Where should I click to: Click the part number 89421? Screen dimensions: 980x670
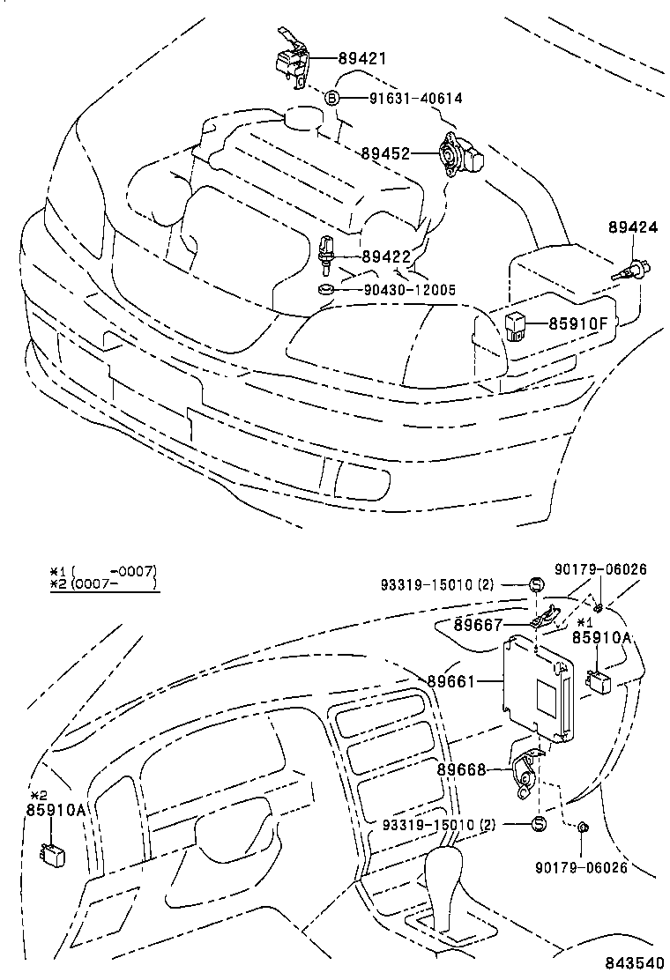[363, 59]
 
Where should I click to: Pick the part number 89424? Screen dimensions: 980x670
[632, 227]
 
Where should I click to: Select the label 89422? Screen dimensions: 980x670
[386, 256]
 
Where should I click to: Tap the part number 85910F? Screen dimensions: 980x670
[577, 323]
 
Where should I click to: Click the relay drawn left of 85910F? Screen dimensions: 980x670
[518, 323]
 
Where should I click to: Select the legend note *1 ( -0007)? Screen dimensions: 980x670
[102, 570]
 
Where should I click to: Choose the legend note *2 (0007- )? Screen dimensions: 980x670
[102, 583]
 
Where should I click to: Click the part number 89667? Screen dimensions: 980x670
[478, 625]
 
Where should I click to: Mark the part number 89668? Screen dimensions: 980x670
[462, 769]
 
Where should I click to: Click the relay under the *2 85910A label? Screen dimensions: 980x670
[51, 852]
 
